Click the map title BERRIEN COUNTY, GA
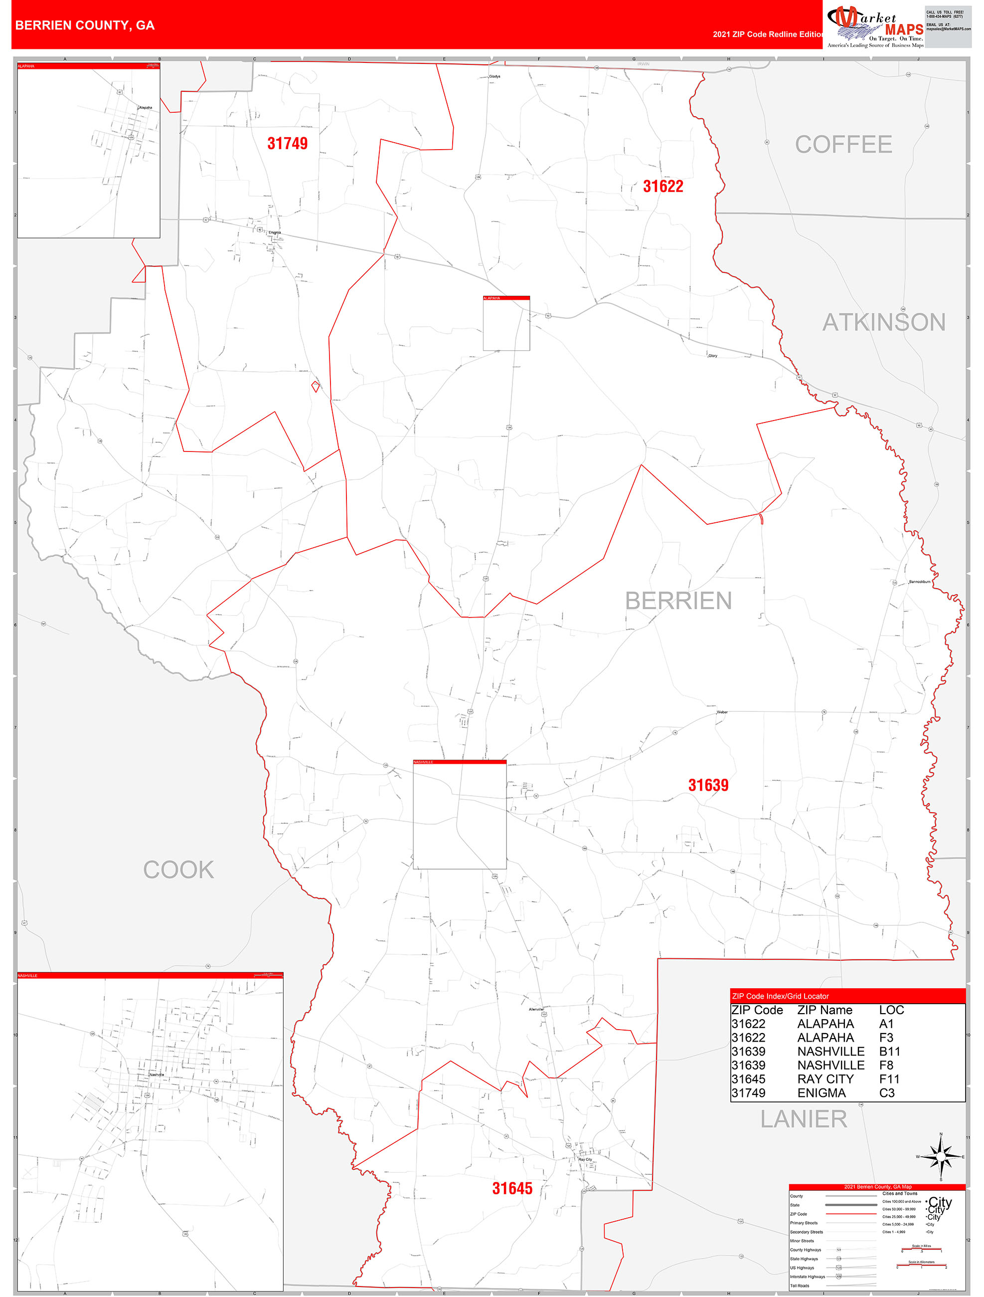(85, 25)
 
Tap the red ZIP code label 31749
(287, 143)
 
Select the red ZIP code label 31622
(663, 187)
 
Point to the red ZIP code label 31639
(708, 785)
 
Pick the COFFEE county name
(843, 144)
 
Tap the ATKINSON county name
(884, 322)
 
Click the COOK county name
(179, 869)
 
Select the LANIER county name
(804, 1119)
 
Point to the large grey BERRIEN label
(678, 601)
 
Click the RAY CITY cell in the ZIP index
(825, 1079)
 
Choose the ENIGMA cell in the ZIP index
(821, 1093)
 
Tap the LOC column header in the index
(891, 1010)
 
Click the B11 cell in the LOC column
(889, 1052)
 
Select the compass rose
(941, 1156)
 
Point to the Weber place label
(722, 712)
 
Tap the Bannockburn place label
(919, 582)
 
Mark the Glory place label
(713, 355)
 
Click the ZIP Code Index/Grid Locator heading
(780, 996)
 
